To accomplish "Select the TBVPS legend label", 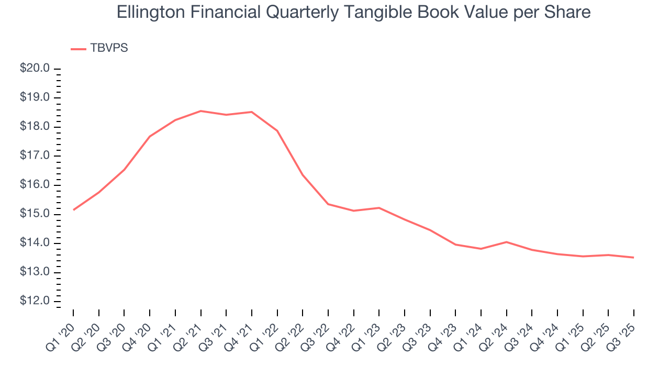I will (x=109, y=48).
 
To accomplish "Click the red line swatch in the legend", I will (x=79, y=49).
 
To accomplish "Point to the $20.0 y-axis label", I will (x=36, y=69).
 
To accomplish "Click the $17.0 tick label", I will (x=36, y=156).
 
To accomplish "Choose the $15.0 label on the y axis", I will (x=36, y=214).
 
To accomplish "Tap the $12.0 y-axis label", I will (x=36, y=302).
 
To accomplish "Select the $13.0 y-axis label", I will (x=36, y=272).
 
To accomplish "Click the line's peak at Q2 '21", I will (x=200, y=111).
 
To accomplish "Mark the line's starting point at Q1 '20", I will (x=73, y=210).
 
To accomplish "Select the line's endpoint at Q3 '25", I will (x=633, y=257).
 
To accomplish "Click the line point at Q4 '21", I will (x=251, y=112).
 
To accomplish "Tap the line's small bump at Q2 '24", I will (x=506, y=242).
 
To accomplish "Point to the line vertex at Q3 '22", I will (x=328, y=204).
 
